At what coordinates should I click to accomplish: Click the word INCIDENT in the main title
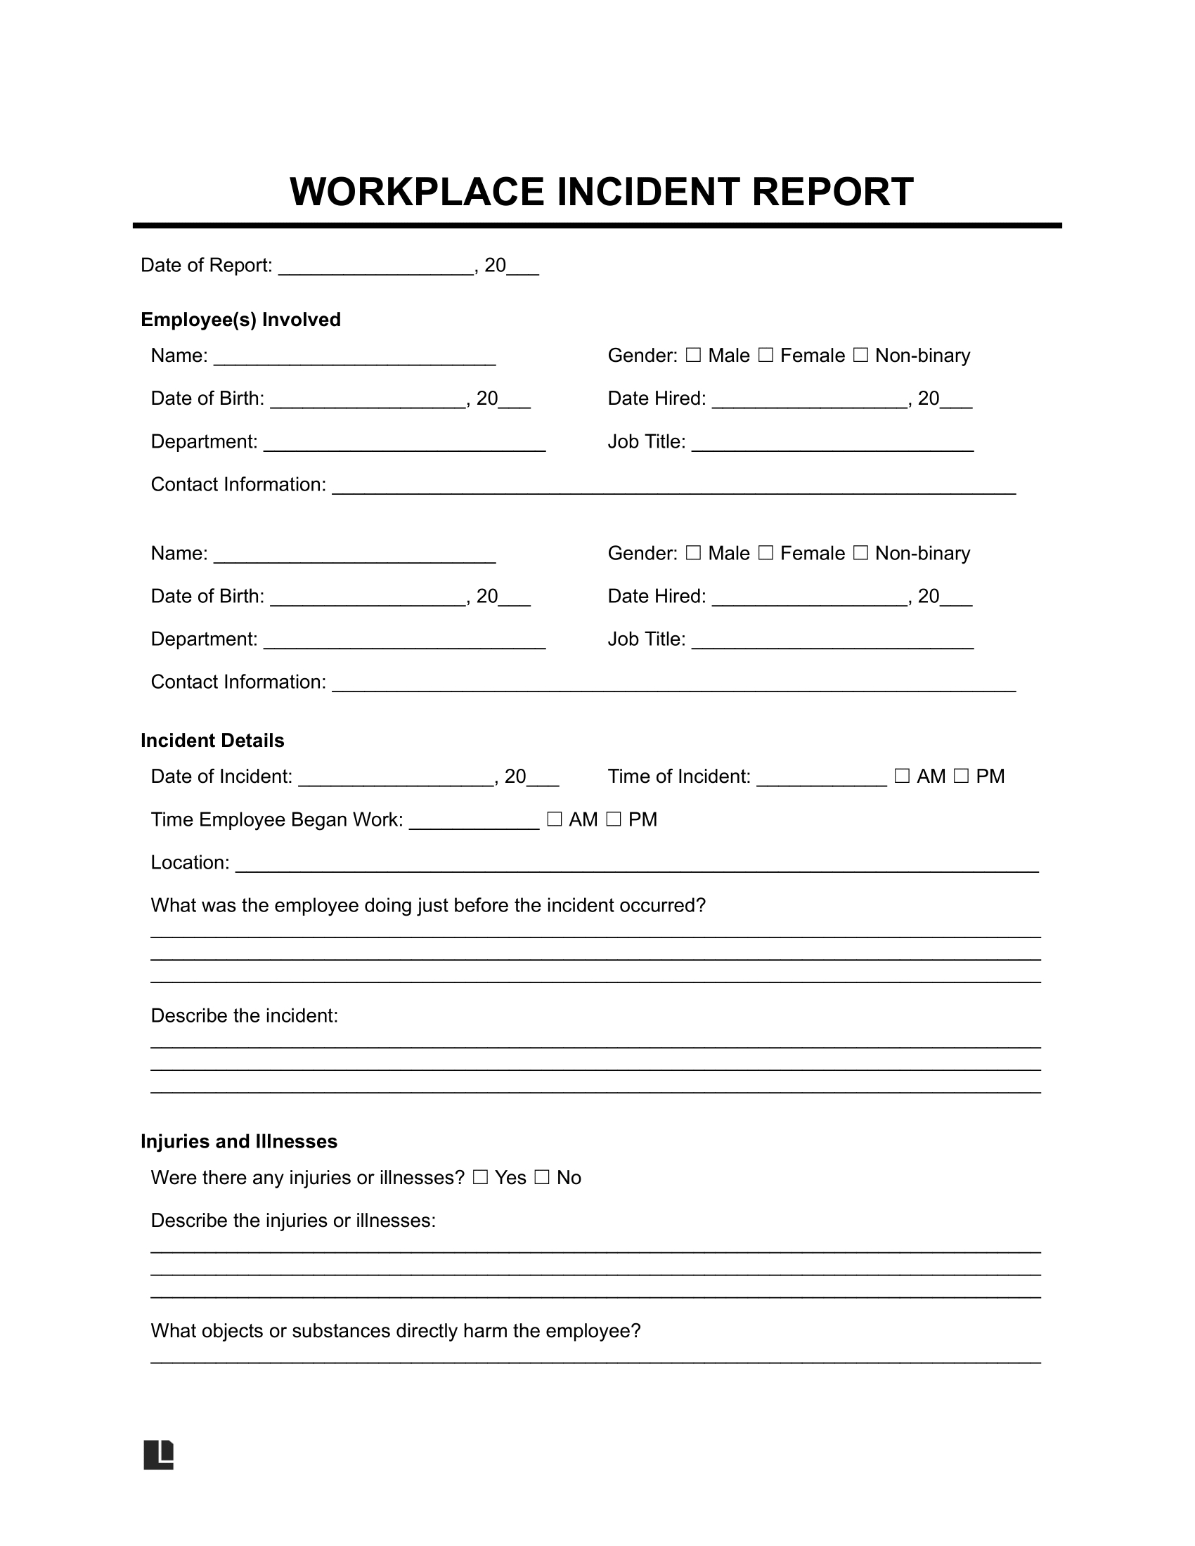tap(649, 193)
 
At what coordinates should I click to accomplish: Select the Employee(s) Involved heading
tap(240, 320)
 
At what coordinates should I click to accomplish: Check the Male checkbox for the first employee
tap(694, 356)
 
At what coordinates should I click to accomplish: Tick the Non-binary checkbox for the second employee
tap(860, 553)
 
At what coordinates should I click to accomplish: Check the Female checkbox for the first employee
tap(766, 356)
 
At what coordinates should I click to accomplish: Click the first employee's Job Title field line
tap(832, 446)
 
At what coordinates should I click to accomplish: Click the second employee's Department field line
tap(404, 644)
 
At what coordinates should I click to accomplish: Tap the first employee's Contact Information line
tap(674, 488)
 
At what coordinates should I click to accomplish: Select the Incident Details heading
tap(212, 741)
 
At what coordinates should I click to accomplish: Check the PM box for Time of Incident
tap(961, 777)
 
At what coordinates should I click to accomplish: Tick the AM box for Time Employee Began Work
tap(555, 819)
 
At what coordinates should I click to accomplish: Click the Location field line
tap(636, 867)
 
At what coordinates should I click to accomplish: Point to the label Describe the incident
tap(244, 1016)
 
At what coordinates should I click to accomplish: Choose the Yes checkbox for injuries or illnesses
tap(481, 1178)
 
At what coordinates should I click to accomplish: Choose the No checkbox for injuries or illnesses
tap(541, 1178)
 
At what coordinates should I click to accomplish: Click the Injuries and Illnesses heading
tap(238, 1142)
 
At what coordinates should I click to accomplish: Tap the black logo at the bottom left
tap(159, 1455)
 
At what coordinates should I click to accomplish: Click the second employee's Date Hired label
tap(657, 597)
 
